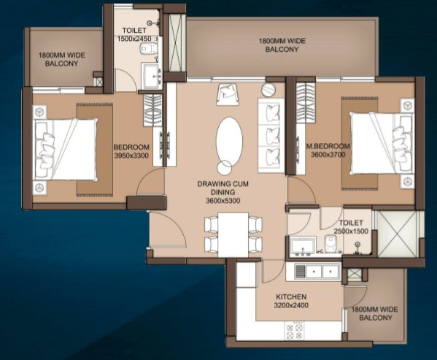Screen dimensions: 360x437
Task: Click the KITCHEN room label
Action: (x=290, y=297)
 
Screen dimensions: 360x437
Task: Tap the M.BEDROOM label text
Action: (x=330, y=147)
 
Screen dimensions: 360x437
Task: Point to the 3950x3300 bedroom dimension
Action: (x=131, y=155)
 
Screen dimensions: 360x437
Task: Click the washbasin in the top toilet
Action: (x=154, y=74)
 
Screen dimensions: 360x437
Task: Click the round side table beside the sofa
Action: (x=267, y=90)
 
